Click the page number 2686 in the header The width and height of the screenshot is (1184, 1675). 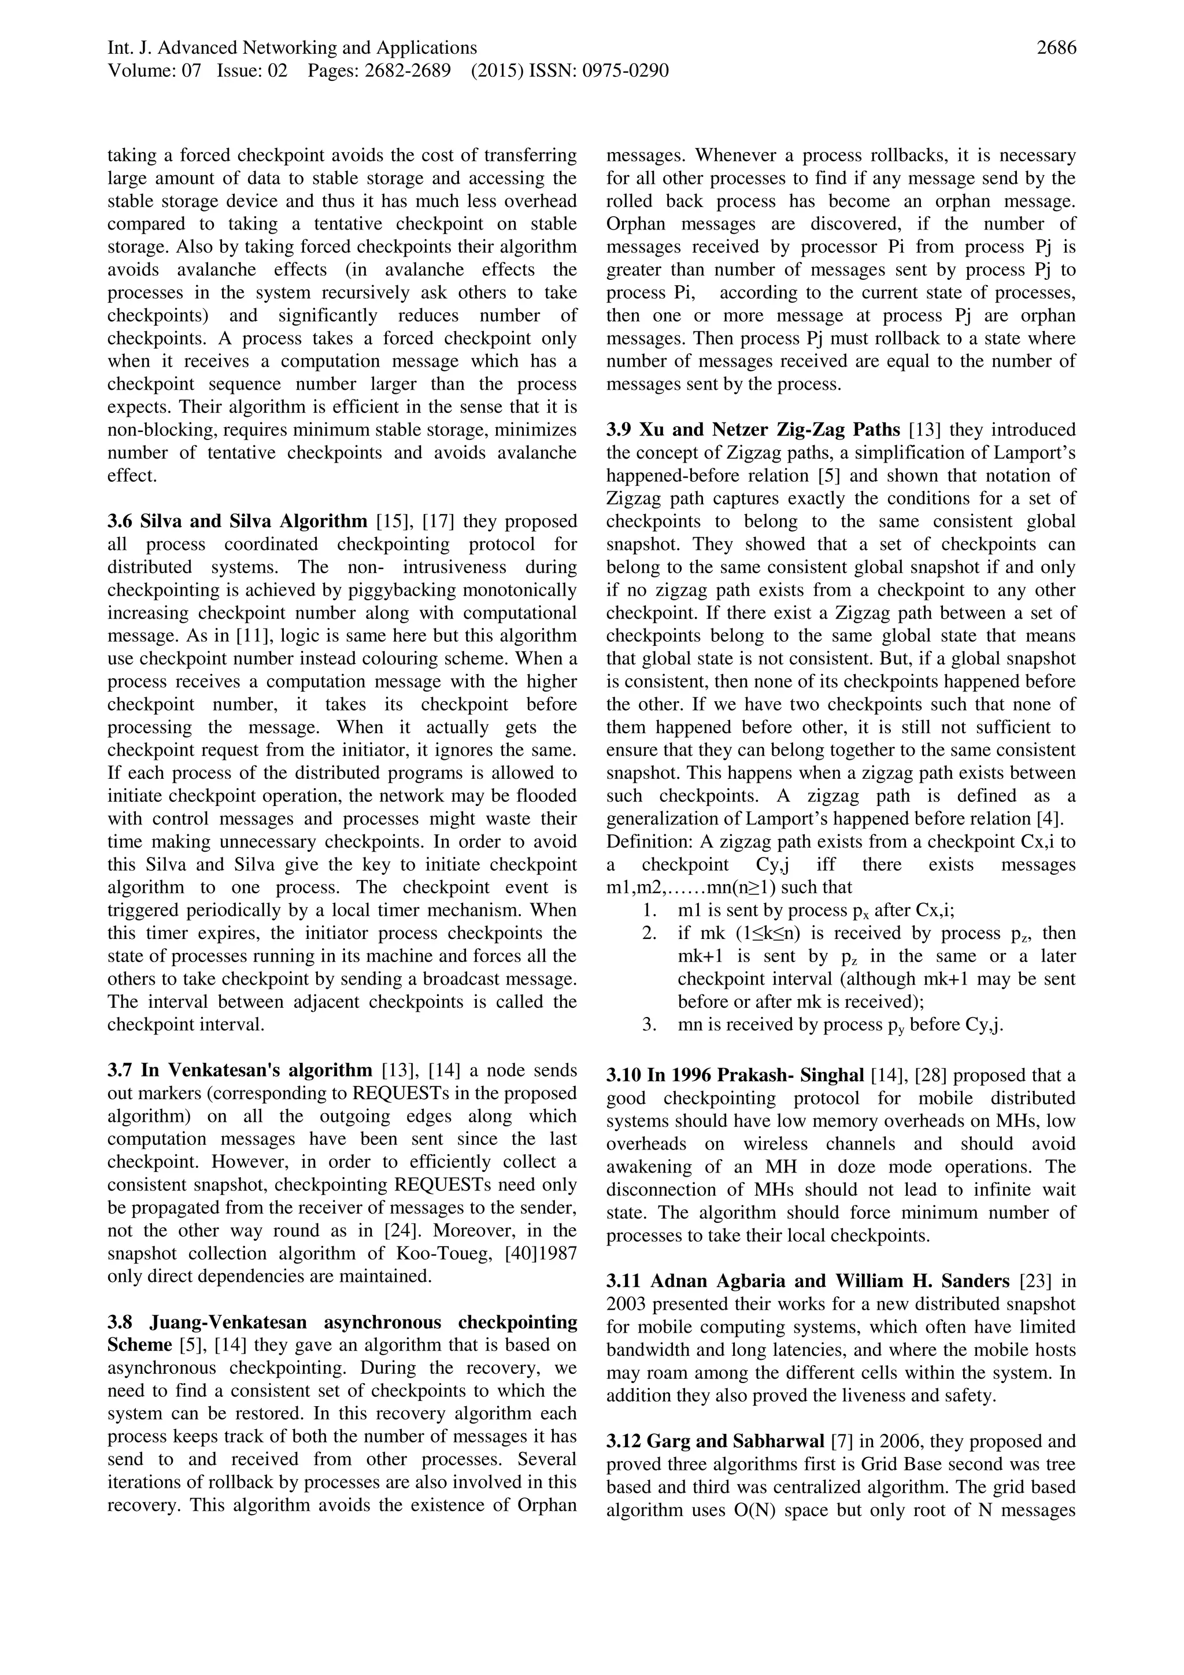(x=1056, y=48)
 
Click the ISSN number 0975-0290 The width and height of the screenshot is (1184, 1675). (x=625, y=71)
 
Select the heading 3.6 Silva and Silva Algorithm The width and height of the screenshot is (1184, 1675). (x=237, y=522)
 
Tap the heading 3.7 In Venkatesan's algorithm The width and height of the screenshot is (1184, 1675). (x=240, y=1070)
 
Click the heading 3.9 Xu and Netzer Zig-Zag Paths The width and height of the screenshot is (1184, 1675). (x=753, y=430)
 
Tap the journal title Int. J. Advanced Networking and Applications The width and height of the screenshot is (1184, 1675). (x=292, y=48)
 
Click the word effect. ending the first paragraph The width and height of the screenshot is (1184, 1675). (x=132, y=476)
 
